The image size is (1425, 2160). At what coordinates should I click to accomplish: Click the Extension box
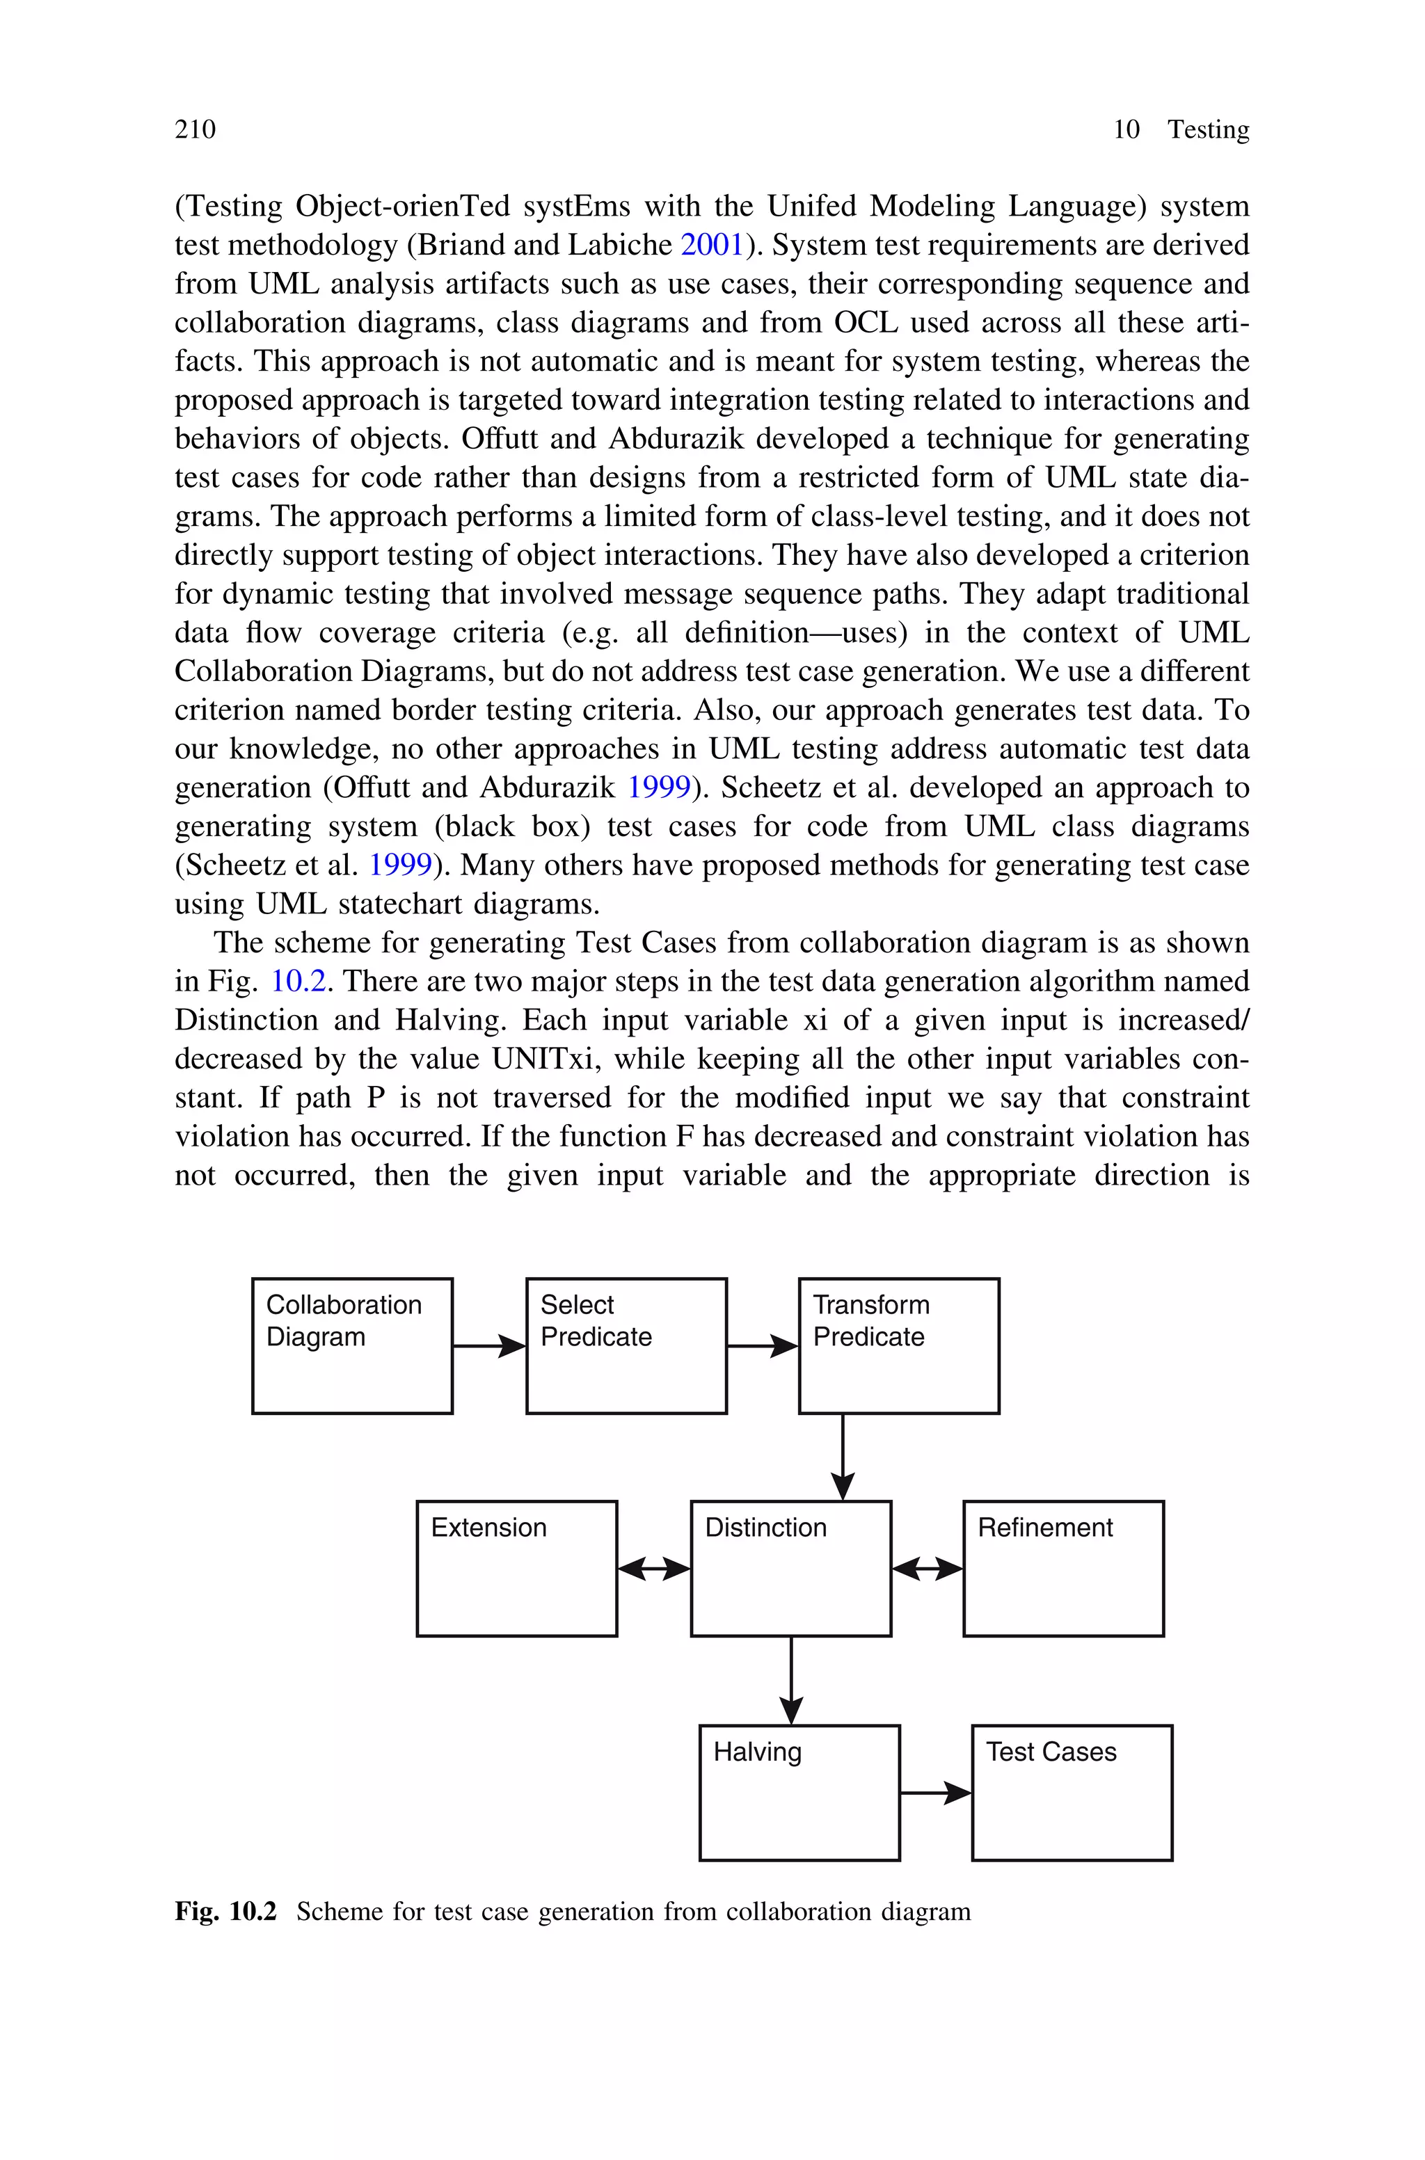click(516, 1568)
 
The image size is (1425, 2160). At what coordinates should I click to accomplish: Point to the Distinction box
click(790, 1568)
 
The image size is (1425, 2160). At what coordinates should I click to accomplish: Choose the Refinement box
click(1062, 1568)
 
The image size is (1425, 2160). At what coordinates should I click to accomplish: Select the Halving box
click(799, 1792)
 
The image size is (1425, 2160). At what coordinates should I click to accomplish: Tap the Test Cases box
click(1072, 1792)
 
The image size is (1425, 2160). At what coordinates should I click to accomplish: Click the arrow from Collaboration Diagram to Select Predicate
click(489, 1346)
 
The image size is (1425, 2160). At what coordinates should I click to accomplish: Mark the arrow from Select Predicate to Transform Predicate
click(763, 1346)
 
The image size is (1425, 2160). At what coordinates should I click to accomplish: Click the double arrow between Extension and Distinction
click(653, 1568)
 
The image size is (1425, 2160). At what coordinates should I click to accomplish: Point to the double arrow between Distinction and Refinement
click(927, 1568)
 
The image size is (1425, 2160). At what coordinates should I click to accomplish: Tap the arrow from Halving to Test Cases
click(935, 1793)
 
